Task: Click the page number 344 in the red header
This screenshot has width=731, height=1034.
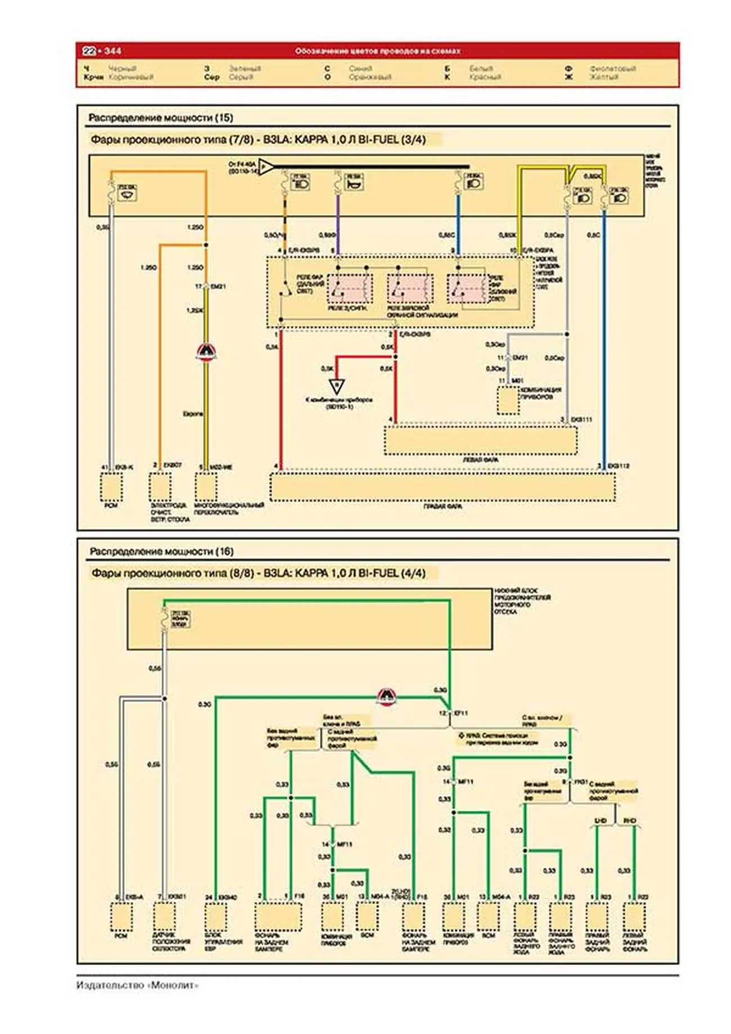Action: [x=112, y=51]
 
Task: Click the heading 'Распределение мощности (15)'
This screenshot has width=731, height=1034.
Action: [x=160, y=118]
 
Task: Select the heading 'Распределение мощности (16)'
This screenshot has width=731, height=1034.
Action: [x=161, y=552]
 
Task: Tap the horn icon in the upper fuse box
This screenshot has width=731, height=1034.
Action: [x=354, y=183]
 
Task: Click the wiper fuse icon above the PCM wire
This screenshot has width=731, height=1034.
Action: [x=128, y=193]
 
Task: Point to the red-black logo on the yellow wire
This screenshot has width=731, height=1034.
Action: [x=206, y=352]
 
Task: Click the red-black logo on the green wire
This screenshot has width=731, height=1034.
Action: [x=386, y=697]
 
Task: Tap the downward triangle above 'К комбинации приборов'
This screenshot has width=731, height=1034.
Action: [x=336, y=387]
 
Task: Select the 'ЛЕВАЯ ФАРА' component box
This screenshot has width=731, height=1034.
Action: [x=480, y=440]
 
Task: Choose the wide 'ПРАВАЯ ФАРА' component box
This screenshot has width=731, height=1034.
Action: [x=443, y=487]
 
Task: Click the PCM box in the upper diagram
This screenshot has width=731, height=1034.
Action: [x=111, y=487]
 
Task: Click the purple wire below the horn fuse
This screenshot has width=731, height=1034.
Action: [x=337, y=225]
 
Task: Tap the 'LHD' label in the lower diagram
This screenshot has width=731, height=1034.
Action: [x=601, y=821]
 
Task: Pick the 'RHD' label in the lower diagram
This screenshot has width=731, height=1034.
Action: [x=630, y=821]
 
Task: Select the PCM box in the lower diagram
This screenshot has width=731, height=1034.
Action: [x=121, y=917]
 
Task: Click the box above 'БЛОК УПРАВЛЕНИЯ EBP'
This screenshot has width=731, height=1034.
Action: [x=215, y=917]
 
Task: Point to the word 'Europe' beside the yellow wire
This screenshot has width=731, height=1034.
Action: [x=193, y=414]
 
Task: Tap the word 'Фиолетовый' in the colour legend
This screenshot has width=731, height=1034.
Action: [x=612, y=69]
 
